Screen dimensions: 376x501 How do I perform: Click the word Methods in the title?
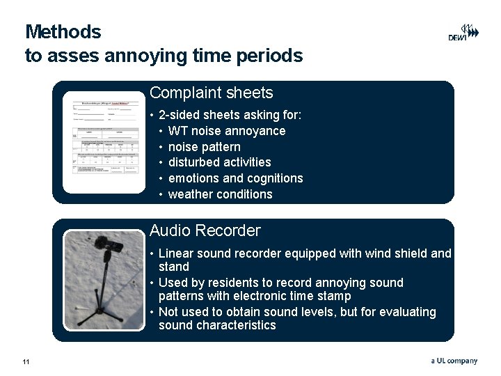63,32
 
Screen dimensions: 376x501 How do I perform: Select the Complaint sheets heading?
211,93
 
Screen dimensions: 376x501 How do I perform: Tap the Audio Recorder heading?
205,230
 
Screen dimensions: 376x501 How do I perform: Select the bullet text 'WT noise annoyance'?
227,131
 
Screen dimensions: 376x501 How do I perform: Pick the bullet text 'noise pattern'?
204,147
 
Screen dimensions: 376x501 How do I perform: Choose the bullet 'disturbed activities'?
219,162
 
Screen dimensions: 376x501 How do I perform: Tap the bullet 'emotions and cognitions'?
235,178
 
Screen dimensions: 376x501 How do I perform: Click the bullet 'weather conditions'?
220,194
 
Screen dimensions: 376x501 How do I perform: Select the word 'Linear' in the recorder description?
176,253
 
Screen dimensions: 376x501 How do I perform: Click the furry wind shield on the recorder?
108,243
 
